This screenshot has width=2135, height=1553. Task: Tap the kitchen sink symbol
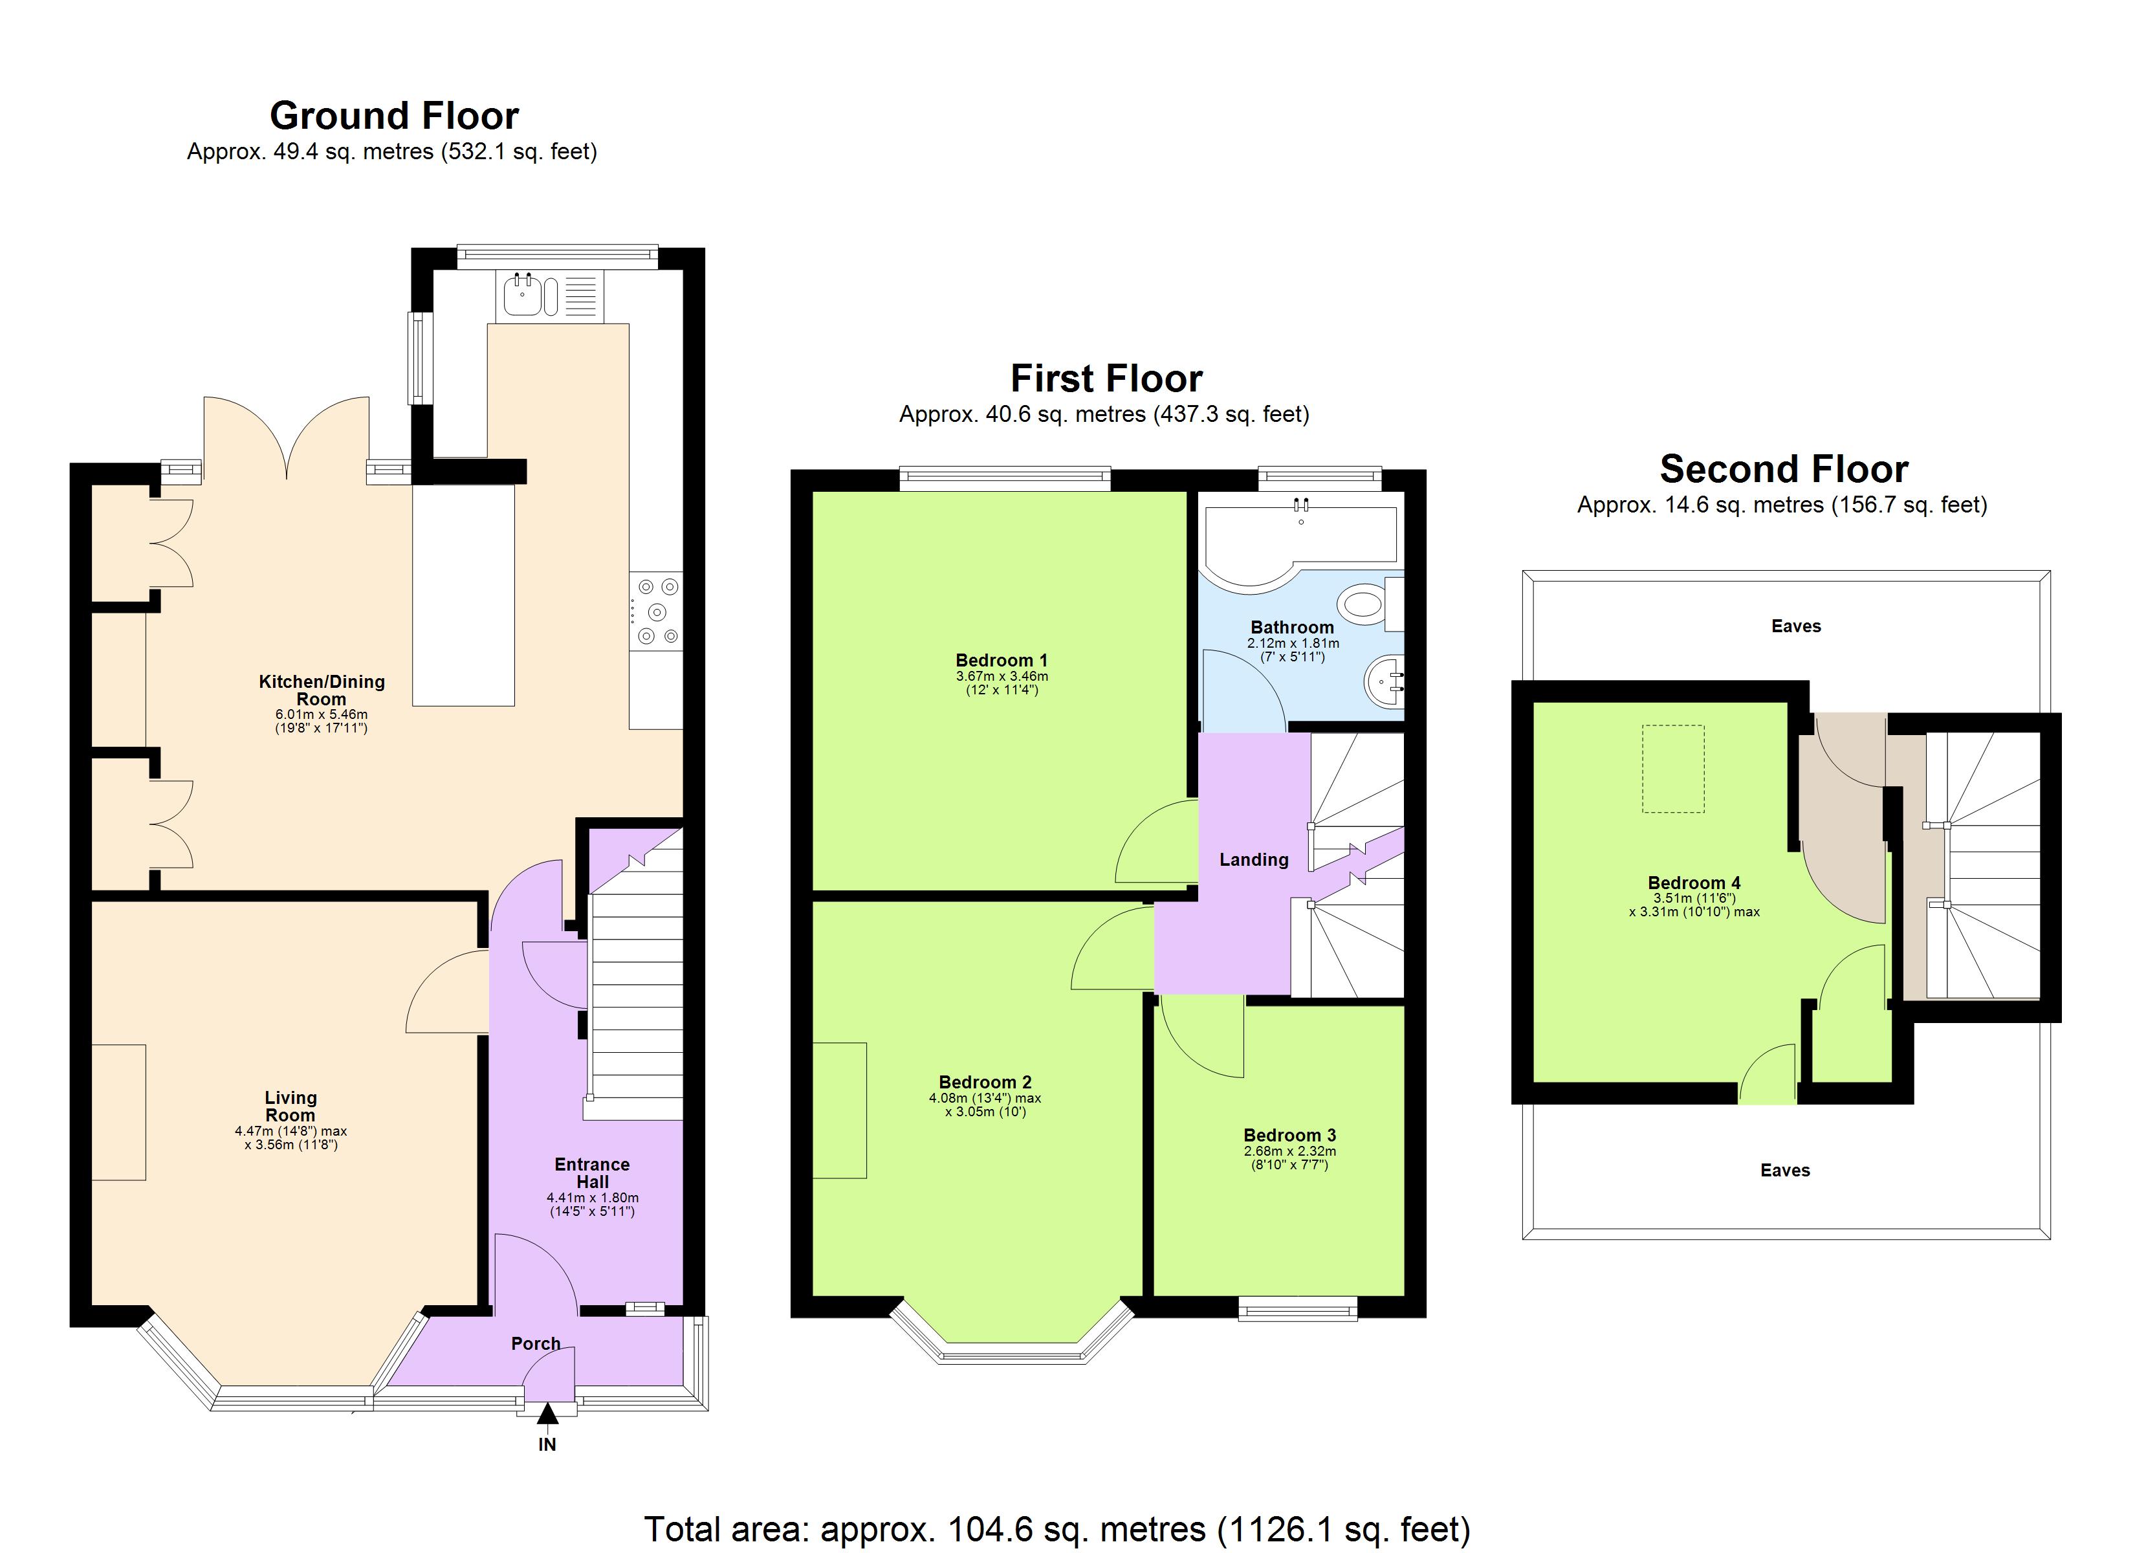coord(521,295)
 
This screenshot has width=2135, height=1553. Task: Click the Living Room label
coord(290,1106)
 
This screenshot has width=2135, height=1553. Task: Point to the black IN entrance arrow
coord(547,1414)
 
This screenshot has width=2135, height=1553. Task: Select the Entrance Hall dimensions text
coord(592,1204)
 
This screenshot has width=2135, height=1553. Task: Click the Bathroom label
coord(1291,627)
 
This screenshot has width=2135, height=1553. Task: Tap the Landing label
coord(1253,859)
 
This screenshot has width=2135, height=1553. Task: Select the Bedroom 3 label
coord(1289,1135)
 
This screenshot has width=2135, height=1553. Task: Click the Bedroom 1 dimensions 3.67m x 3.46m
coord(1002,676)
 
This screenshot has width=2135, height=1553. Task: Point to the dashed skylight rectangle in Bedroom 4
coord(1673,767)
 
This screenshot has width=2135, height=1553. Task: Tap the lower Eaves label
coord(1785,1170)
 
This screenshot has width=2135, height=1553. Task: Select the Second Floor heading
coord(1783,468)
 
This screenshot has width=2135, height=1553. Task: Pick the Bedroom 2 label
coord(985,1082)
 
